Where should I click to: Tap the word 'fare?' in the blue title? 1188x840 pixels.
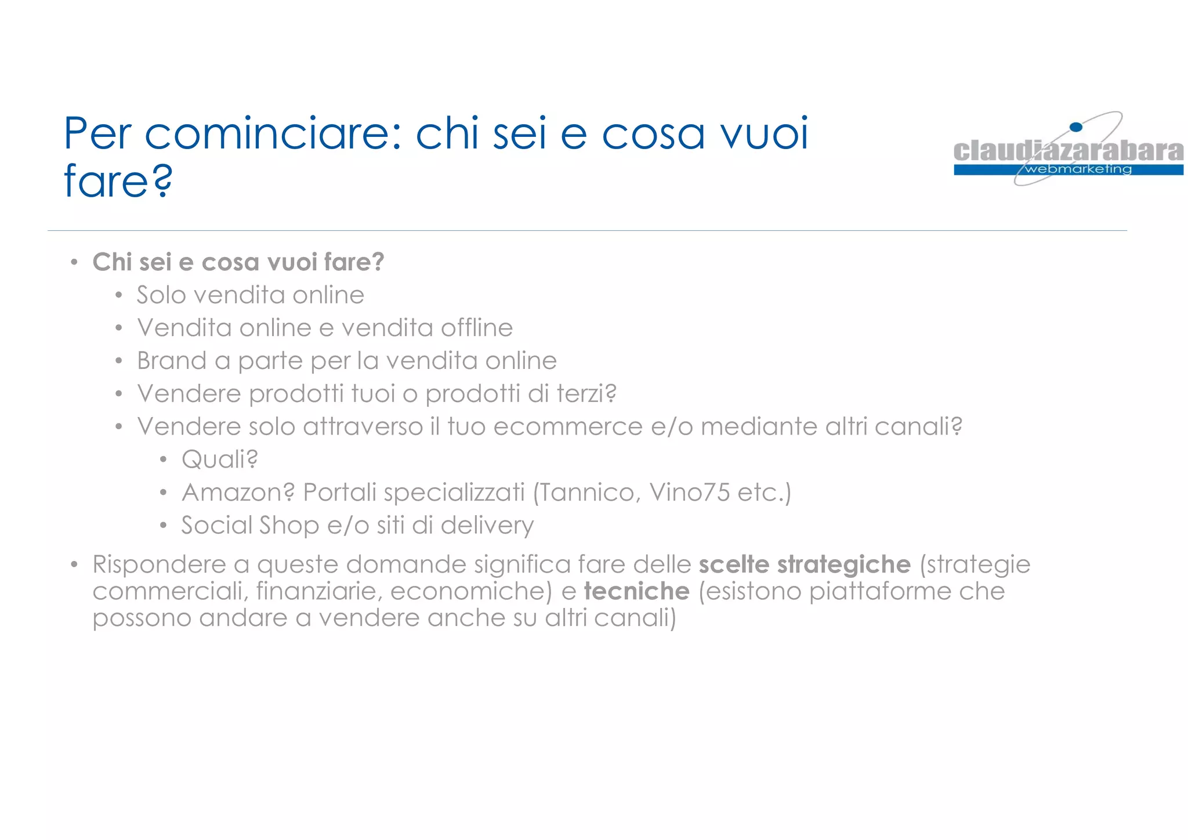point(118,182)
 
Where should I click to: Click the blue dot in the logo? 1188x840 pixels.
point(1076,127)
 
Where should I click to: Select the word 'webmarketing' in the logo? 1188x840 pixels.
point(1078,169)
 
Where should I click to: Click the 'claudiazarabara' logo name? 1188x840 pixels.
point(1068,151)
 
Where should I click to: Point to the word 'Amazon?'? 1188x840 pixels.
point(238,493)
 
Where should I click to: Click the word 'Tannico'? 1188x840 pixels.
point(591,493)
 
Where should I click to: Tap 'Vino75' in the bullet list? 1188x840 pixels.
point(689,493)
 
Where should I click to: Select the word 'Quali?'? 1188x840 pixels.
point(219,459)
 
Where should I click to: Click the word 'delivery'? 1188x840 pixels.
point(487,526)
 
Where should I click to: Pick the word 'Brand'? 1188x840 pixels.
point(172,361)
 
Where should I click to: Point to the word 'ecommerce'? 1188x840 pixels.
point(568,427)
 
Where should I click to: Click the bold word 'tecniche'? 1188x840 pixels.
point(636,591)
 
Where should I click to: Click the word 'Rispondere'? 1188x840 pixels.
point(159,564)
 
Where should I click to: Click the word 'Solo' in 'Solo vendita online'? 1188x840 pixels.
point(161,295)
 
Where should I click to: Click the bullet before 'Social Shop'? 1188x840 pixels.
point(164,526)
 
